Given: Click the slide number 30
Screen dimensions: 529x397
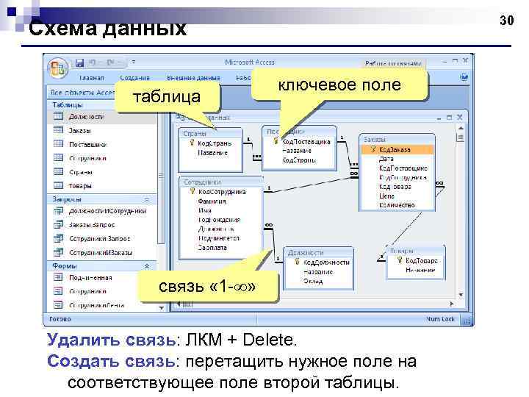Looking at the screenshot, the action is pos(507,21).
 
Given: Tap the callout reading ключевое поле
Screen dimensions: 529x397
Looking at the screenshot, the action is pos(339,85).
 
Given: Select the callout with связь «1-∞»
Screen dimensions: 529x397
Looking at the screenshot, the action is pos(208,285).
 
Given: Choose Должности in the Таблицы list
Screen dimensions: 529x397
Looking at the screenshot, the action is pos(87,116).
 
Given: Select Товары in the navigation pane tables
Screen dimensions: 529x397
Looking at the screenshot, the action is pos(81,186).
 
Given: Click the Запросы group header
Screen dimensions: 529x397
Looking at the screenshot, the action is pos(68,198).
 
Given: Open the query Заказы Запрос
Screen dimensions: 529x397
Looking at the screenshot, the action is pos(91,225).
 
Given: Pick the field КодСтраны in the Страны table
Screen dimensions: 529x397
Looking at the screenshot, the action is pos(215,144).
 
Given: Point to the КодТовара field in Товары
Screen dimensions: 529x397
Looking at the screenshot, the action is pos(422,261).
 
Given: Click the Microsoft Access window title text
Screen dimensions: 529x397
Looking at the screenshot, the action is pos(250,62).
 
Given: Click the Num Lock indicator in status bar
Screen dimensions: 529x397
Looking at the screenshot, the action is pos(442,320).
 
